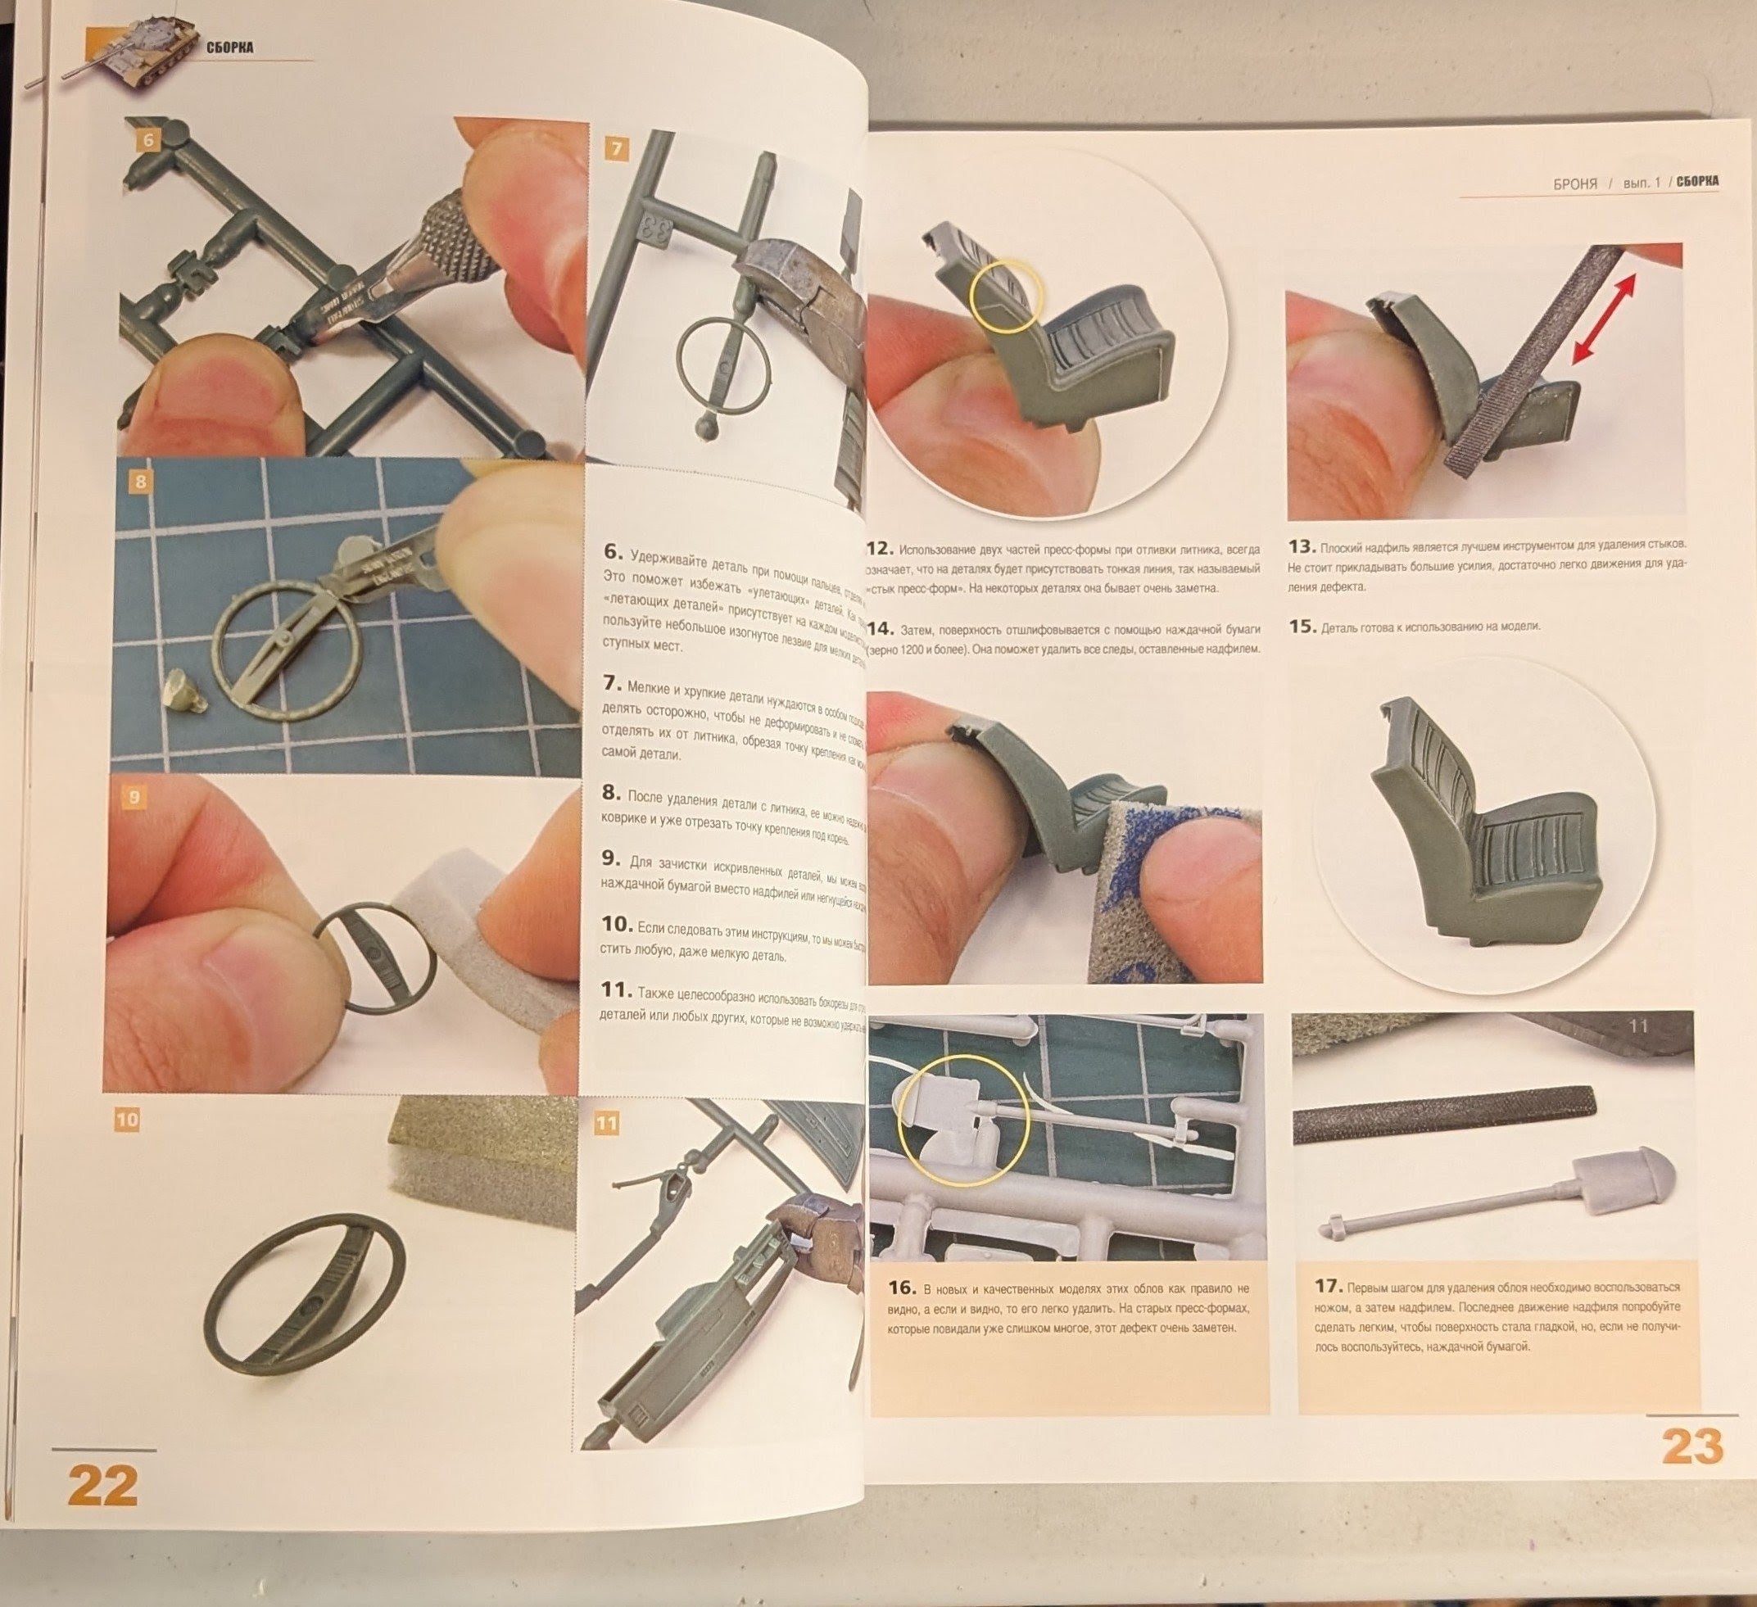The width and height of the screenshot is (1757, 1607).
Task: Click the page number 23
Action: (x=1691, y=1446)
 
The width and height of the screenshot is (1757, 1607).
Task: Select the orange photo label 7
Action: (x=616, y=150)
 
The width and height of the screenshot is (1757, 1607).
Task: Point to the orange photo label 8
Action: (x=141, y=481)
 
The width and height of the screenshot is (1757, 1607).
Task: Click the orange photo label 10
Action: (x=127, y=1119)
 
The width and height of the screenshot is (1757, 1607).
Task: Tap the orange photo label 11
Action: (x=605, y=1123)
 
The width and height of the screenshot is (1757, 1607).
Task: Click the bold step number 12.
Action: (x=881, y=548)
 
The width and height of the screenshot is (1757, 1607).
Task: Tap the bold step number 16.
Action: (x=902, y=1288)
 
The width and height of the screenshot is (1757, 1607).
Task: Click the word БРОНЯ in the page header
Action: (x=1575, y=185)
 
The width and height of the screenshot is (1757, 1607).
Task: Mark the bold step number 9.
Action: (x=611, y=858)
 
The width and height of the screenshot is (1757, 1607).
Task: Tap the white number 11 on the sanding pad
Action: (x=1637, y=1026)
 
